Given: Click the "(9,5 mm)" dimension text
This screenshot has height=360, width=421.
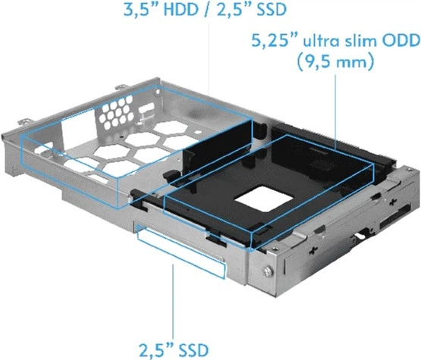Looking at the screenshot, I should click(337, 63).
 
